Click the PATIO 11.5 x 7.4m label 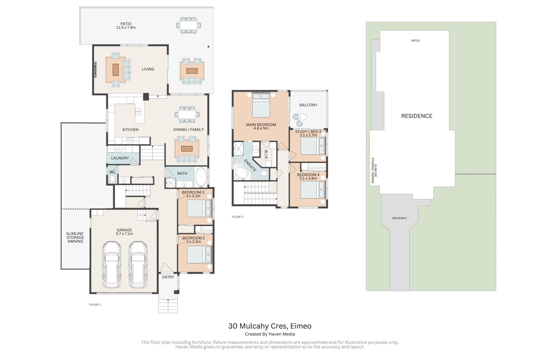pyautogui.click(x=126, y=26)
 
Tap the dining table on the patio pyautogui.click(x=188, y=25)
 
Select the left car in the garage pyautogui.click(x=112, y=265)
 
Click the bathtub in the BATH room pyautogui.click(x=201, y=177)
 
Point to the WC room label pyautogui.click(x=113, y=172)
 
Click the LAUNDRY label pyautogui.click(x=120, y=158)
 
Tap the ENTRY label pyautogui.click(x=168, y=277)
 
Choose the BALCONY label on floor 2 pyautogui.click(x=308, y=105)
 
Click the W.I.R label pyautogui.click(x=266, y=154)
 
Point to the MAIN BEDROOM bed pyautogui.click(x=261, y=105)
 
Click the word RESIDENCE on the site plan pyautogui.click(x=417, y=116)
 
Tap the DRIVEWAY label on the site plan pyautogui.click(x=399, y=218)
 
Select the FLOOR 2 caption pyautogui.click(x=238, y=217)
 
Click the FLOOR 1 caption pyautogui.click(x=95, y=305)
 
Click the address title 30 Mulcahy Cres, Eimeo pyautogui.click(x=270, y=326)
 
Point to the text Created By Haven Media pyautogui.click(x=270, y=334)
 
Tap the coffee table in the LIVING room pyautogui.click(x=115, y=70)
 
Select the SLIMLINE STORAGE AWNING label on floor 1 pyautogui.click(x=75, y=237)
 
